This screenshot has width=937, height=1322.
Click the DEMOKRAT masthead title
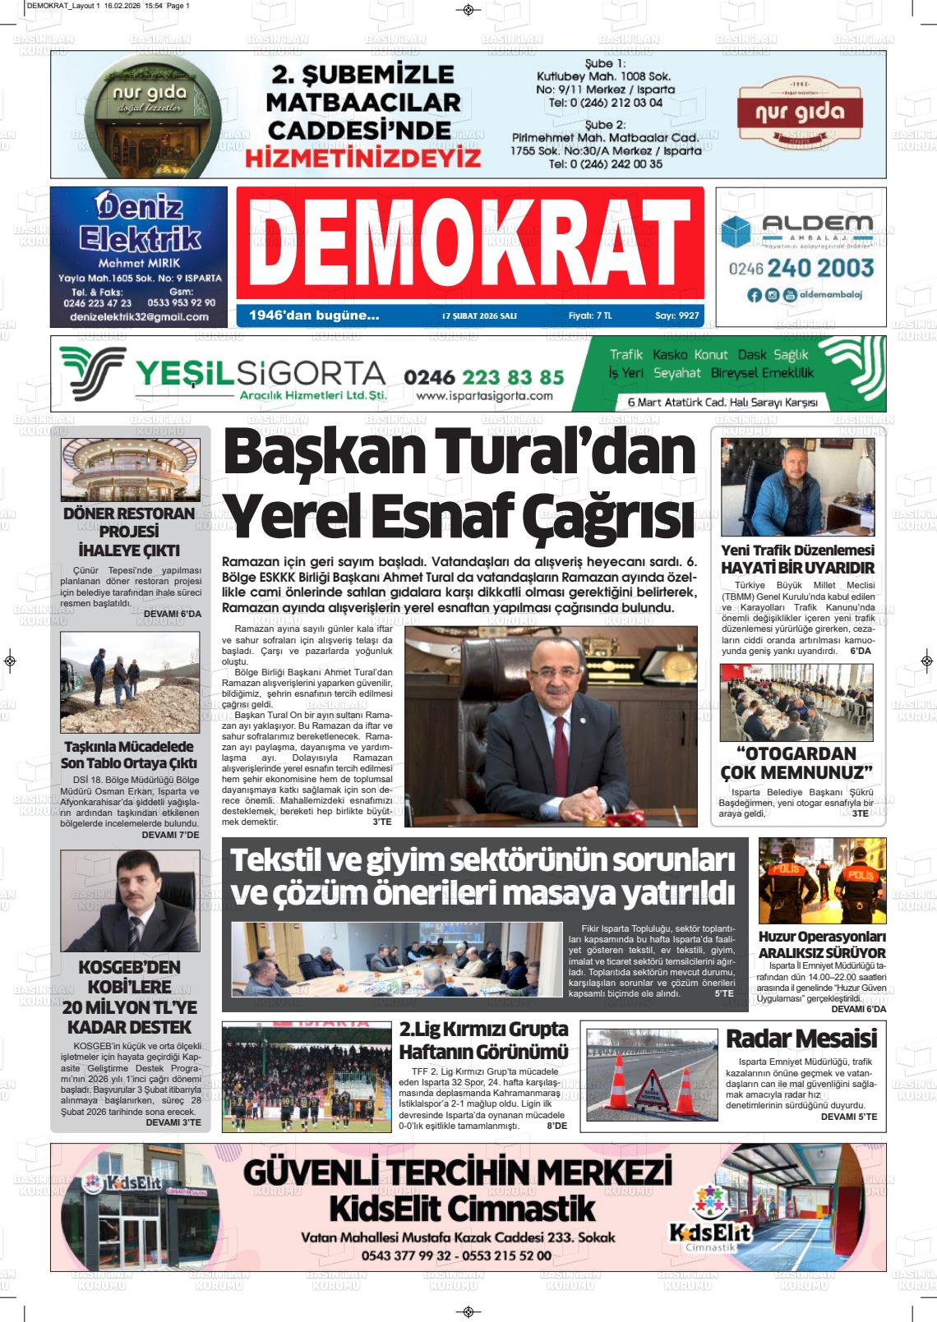tap(469, 244)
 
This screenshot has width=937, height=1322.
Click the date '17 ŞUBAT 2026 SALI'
tap(478, 316)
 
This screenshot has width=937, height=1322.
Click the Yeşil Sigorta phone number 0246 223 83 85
tap(484, 376)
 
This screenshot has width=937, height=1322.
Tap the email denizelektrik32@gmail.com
tap(139, 316)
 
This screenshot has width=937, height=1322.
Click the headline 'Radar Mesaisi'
tap(801, 1039)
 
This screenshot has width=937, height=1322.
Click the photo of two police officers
tap(821, 881)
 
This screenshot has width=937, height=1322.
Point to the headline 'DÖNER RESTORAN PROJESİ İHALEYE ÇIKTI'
tap(129, 532)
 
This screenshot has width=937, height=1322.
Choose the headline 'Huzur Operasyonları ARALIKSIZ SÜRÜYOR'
tap(821, 944)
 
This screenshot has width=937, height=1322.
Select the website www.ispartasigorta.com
tap(484, 396)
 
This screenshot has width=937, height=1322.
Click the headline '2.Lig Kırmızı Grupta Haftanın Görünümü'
tap(483, 1039)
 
